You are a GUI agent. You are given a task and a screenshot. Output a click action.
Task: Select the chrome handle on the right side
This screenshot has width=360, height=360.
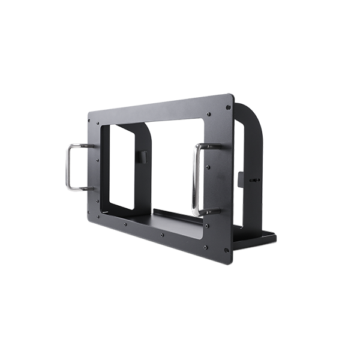tap(196, 180)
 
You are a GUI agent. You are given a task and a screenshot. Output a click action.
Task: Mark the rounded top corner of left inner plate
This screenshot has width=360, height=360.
tap(147, 129)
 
